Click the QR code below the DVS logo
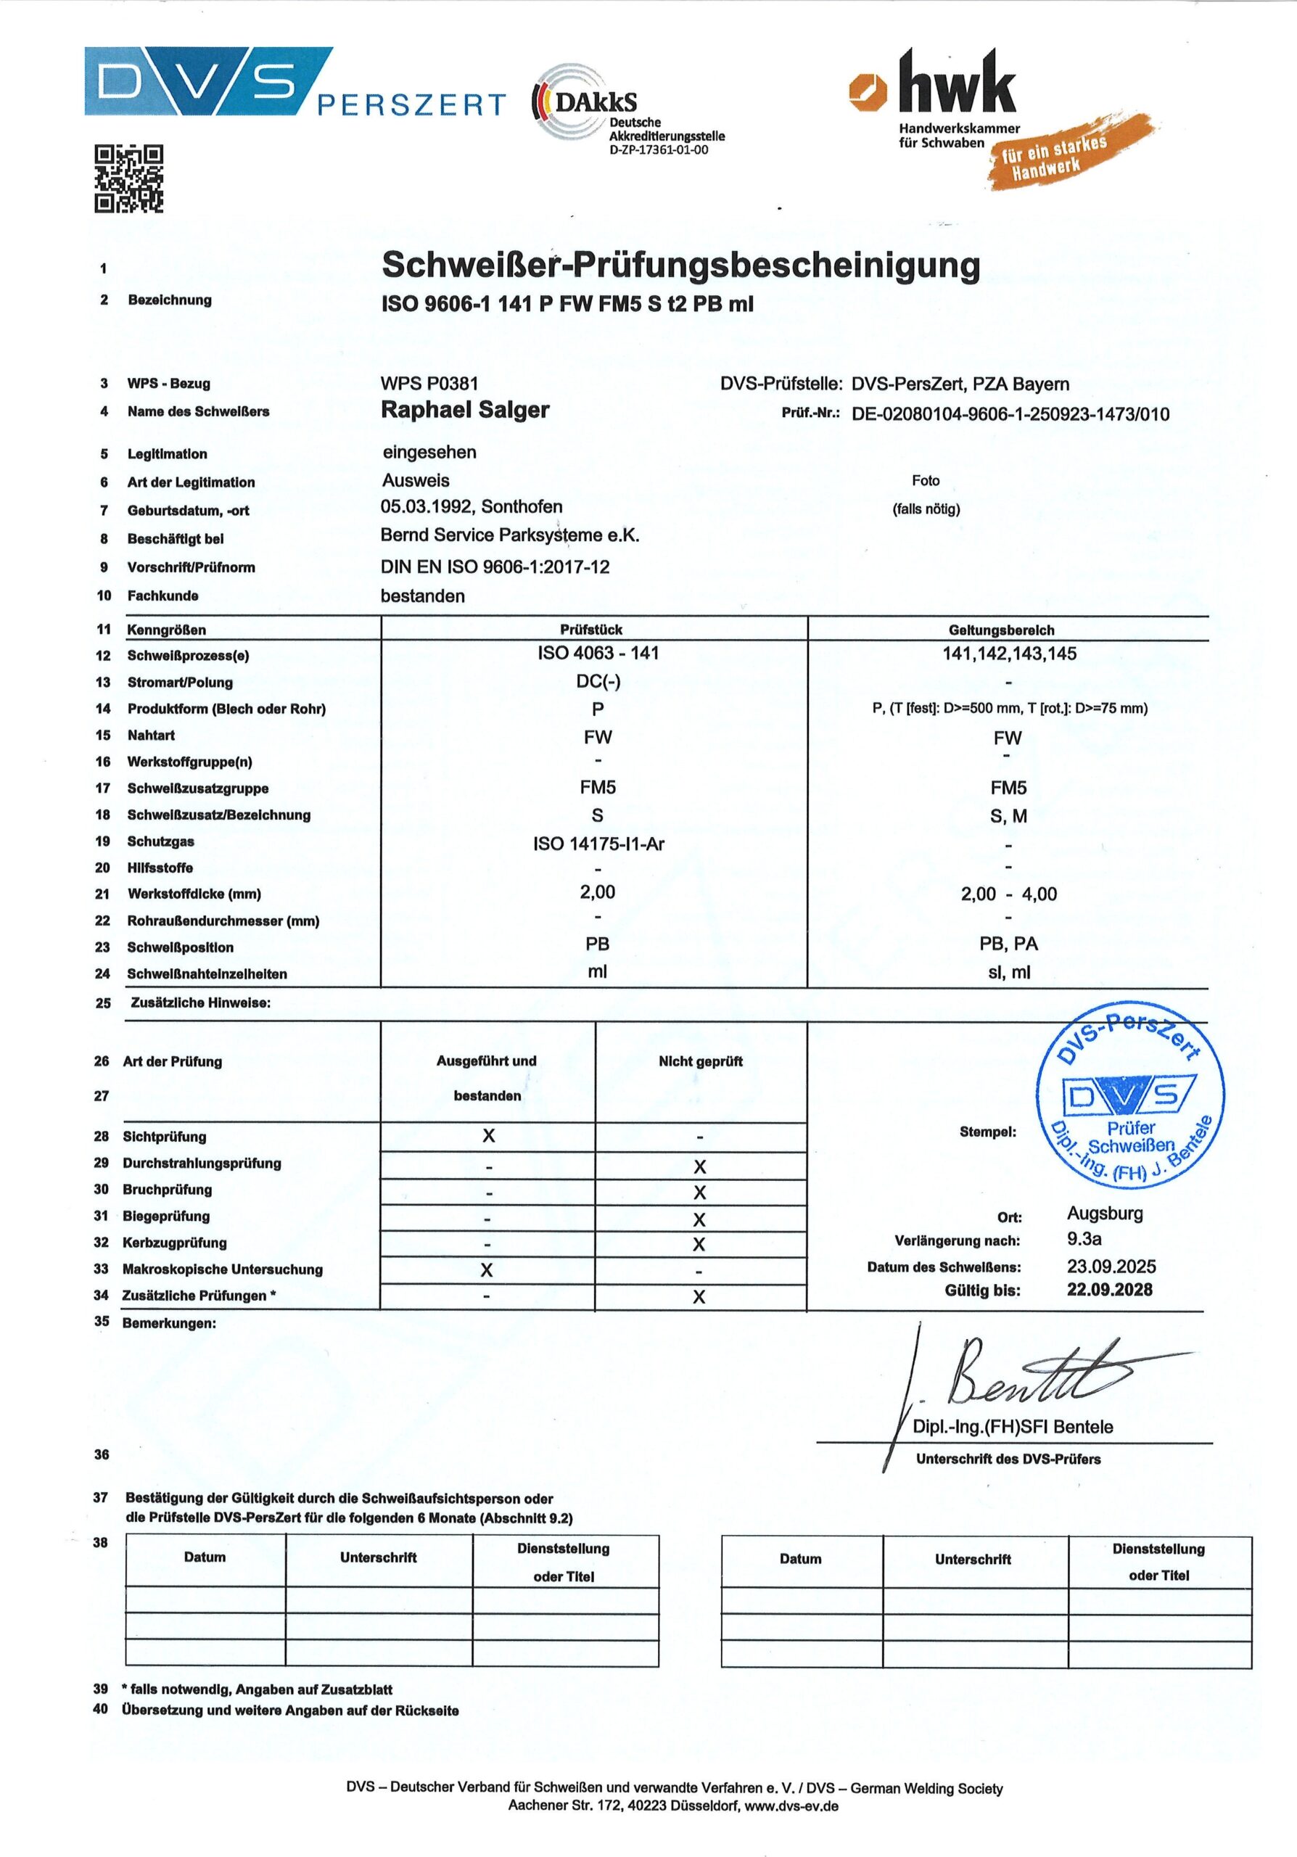(x=128, y=178)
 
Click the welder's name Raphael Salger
(x=465, y=410)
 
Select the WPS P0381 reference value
(x=429, y=384)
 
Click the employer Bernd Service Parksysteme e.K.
(x=509, y=535)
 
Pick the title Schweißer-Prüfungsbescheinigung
(x=681, y=265)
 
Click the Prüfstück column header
(x=591, y=629)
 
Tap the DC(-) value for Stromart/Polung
(x=598, y=682)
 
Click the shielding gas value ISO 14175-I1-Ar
(x=598, y=844)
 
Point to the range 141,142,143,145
(x=1009, y=654)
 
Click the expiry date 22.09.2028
(x=1109, y=1290)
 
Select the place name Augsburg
(x=1105, y=1213)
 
